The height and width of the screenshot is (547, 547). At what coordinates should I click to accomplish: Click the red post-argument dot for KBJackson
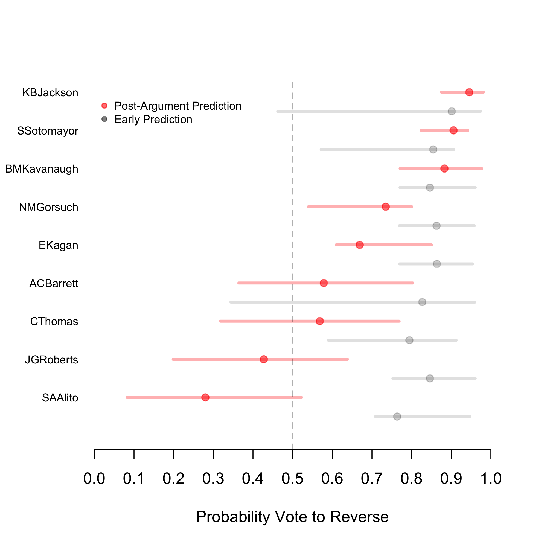pyautogui.click(x=469, y=92)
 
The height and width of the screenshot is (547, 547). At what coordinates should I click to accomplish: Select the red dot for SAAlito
pyautogui.click(x=205, y=397)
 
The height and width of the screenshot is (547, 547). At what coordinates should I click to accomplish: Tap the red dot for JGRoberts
pyautogui.click(x=264, y=359)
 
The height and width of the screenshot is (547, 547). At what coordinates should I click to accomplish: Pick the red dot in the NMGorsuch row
pyautogui.click(x=386, y=207)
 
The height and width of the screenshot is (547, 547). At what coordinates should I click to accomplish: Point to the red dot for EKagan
pyautogui.click(x=360, y=245)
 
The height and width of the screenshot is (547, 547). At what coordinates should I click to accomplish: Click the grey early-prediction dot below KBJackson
pyautogui.click(x=452, y=111)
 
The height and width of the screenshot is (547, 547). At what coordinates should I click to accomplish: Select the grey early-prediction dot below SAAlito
pyautogui.click(x=397, y=417)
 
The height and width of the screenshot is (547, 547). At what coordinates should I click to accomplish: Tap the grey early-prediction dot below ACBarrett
pyautogui.click(x=422, y=302)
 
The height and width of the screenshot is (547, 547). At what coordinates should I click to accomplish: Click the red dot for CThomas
pyautogui.click(x=320, y=321)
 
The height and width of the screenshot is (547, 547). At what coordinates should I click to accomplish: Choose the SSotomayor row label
pyautogui.click(x=48, y=131)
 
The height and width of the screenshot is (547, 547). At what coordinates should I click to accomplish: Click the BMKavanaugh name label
pyautogui.click(x=42, y=169)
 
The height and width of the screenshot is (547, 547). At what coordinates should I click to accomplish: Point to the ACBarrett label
pyautogui.click(x=54, y=283)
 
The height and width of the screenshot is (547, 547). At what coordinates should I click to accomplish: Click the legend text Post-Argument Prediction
pyautogui.click(x=178, y=106)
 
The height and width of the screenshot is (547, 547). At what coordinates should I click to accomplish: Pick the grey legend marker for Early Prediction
pyautogui.click(x=104, y=119)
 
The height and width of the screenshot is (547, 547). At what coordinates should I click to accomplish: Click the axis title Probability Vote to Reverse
pyautogui.click(x=292, y=517)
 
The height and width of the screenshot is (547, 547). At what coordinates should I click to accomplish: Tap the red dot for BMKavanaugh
pyautogui.click(x=444, y=169)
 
